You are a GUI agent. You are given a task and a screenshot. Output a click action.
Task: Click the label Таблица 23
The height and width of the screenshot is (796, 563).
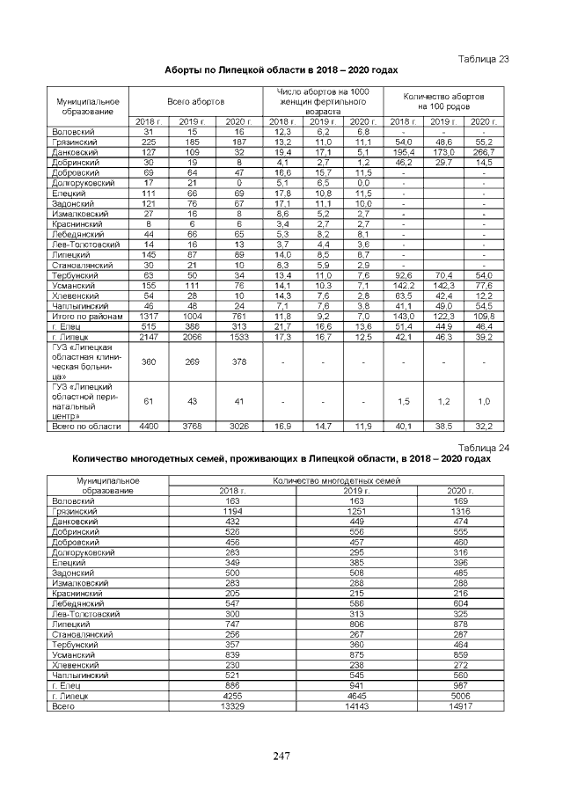click(x=486, y=58)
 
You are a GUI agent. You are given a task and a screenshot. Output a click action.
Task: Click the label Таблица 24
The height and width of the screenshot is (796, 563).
click(x=486, y=448)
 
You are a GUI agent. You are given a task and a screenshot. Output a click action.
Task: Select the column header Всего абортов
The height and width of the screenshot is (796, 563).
click(x=195, y=102)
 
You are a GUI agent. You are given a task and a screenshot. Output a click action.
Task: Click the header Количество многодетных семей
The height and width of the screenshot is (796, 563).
click(x=337, y=481)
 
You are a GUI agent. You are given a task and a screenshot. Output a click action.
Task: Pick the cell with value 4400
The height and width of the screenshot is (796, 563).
click(x=148, y=425)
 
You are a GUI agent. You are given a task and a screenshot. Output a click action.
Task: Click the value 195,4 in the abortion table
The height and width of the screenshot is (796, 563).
click(x=404, y=152)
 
